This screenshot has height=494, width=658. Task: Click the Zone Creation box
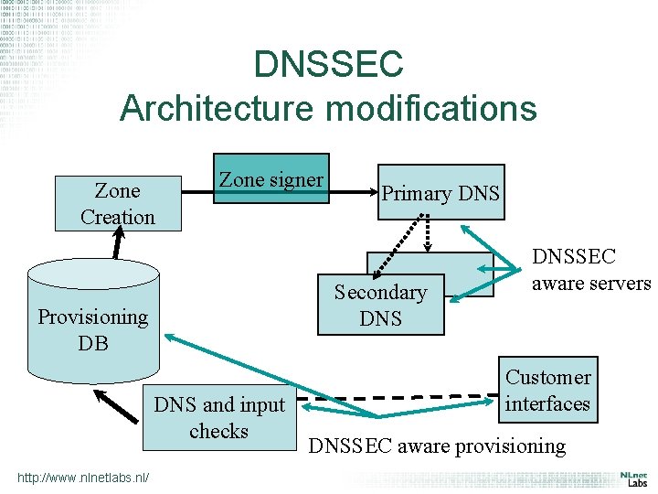tap(118, 203)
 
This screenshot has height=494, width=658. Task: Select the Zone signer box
tap(271, 178)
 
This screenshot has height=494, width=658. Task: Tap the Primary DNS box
tap(440, 192)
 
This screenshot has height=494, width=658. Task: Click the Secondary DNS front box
tap(380, 305)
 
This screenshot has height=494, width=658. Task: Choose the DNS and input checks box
tap(218, 417)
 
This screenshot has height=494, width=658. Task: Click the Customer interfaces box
tap(547, 390)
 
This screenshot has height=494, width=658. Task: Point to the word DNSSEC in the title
tap(328, 65)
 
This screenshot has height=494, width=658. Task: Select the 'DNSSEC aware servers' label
tap(590, 271)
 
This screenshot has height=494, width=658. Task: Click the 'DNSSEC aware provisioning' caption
tap(437, 446)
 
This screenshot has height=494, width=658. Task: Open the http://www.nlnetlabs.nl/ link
tap(82, 477)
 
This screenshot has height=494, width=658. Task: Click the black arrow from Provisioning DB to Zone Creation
tap(117, 244)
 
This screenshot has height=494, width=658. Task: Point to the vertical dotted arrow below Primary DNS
tap(428, 233)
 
